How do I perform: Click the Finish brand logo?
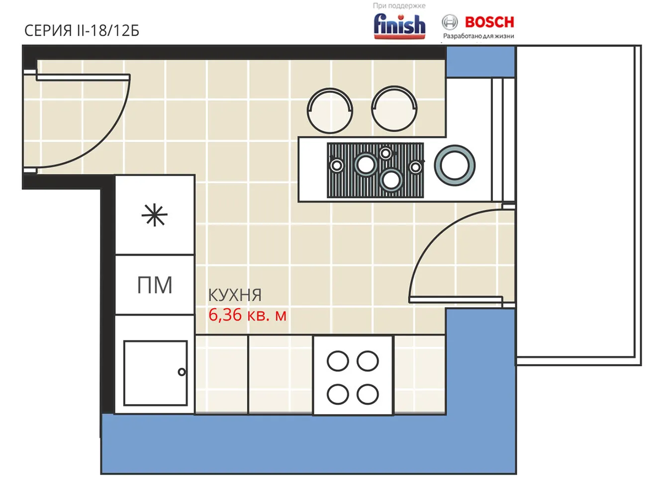pyautogui.click(x=399, y=26)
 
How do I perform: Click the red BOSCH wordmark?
pyautogui.click(x=489, y=22)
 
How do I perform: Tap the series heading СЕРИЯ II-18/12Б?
pyautogui.click(x=82, y=30)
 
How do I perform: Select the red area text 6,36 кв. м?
pyautogui.click(x=247, y=315)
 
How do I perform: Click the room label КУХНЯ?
pyautogui.click(x=235, y=295)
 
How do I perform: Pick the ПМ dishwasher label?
pyautogui.click(x=155, y=285)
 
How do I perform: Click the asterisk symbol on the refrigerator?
pyautogui.click(x=155, y=215)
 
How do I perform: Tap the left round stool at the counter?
pyautogui.click(x=330, y=110)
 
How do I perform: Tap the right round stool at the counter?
pyautogui.click(x=394, y=109)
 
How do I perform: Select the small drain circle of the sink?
pyautogui.click(x=182, y=372)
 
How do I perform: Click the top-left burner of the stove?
pyautogui.click(x=338, y=361)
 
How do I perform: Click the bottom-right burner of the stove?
pyautogui.click(x=368, y=394)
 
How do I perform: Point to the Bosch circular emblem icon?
pyautogui.click(x=450, y=22)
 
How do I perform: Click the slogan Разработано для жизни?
pyautogui.click(x=478, y=36)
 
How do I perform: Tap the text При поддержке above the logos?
pyautogui.click(x=399, y=6)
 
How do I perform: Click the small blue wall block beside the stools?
pyautogui.click(x=480, y=62)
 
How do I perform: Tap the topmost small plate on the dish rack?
pyautogui.click(x=385, y=153)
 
